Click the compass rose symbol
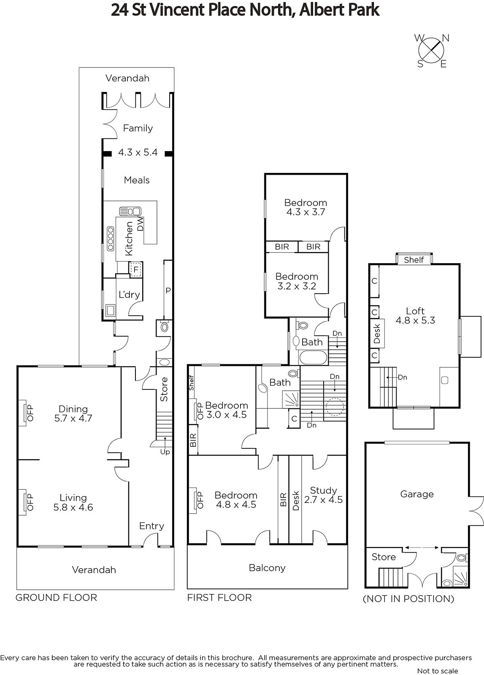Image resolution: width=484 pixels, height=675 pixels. tap(432, 51)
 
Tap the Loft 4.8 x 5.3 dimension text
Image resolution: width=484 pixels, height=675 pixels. tap(415, 320)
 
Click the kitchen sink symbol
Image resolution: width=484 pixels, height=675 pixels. tap(130, 211)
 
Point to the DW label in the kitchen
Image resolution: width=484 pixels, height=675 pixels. tap(141, 224)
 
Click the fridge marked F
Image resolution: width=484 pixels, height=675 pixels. tap(135, 269)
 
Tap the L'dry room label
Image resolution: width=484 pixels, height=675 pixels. tap(129, 294)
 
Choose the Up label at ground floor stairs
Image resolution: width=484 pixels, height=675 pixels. tap(165, 452)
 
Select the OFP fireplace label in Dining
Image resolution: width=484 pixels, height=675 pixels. tap(30, 413)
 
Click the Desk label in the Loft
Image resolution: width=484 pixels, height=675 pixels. tap(377, 334)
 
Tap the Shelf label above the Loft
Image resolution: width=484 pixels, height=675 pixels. tap(414, 260)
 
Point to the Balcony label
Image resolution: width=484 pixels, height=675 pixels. tap(267, 568)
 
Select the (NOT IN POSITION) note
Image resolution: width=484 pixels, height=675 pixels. tap(408, 599)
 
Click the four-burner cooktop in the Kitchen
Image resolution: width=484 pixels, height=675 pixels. tap(111, 239)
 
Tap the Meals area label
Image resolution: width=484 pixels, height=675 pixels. tap(137, 180)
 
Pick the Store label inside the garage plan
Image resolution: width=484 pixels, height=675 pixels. tap(384, 557)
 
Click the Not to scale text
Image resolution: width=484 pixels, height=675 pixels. tap(438, 670)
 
